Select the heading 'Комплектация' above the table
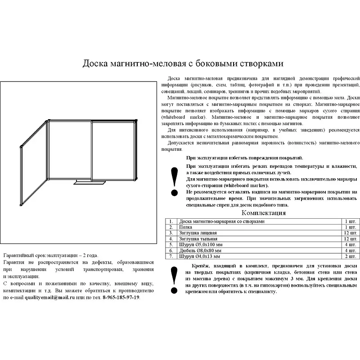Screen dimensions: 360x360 pos(264,213)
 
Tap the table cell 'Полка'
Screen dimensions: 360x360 pos(186,227)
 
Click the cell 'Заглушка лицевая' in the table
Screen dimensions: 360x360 pos(198,233)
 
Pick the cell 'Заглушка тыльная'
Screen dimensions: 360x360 pos(198,239)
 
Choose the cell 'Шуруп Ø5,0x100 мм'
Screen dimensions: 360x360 pos(200,244)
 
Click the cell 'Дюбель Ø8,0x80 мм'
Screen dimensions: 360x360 pos(201,250)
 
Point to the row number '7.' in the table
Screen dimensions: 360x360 pos(171,256)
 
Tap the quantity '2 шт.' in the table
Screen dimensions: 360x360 pos(351,256)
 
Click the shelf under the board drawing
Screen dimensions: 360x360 pos(90,182)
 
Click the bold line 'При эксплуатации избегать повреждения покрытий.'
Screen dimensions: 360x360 pos(244,158)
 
